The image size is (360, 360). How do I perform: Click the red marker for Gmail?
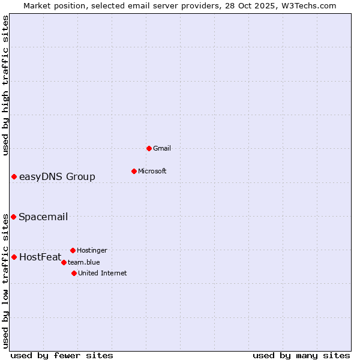click(149, 148)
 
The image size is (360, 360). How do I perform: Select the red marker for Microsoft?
click(134, 171)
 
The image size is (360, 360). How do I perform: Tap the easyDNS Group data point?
click(14, 176)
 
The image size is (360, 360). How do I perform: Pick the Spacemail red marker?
click(13, 217)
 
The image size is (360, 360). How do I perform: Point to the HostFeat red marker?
click(14, 257)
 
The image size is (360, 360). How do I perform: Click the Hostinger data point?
click(73, 250)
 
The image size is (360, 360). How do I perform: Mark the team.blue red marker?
click(64, 262)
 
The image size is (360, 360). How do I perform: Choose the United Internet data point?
click(74, 273)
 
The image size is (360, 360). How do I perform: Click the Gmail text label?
click(162, 148)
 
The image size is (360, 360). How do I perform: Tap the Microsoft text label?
click(152, 171)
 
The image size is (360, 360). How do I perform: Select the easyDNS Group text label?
click(57, 176)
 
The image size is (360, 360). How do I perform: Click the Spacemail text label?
click(43, 217)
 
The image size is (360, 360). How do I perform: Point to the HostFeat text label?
click(40, 257)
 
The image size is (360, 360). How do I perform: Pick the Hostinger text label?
click(92, 250)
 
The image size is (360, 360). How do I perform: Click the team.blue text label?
click(84, 262)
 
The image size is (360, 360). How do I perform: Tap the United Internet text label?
click(103, 273)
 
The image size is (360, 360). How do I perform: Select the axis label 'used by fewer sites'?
click(62, 355)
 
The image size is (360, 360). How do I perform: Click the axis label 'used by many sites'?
click(301, 355)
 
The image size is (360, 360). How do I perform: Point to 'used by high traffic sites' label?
click(5, 85)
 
